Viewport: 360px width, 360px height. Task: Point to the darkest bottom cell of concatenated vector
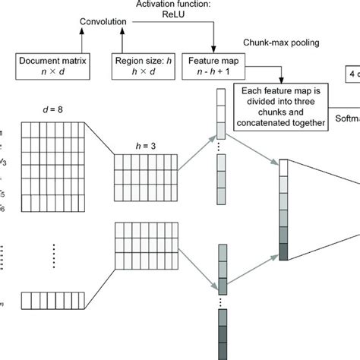284,251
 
